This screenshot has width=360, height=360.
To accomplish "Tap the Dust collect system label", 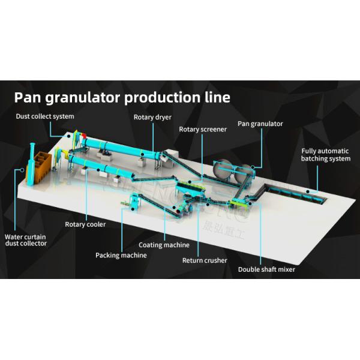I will pyautogui.click(x=45, y=116).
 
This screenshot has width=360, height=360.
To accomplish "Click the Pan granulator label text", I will pyautogui.click(x=260, y=124).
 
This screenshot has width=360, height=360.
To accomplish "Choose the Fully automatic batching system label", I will pyautogui.click(x=325, y=155).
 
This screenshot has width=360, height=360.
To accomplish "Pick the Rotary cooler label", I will pyautogui.click(x=85, y=224).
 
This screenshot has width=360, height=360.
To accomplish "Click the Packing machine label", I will pyautogui.click(x=121, y=255).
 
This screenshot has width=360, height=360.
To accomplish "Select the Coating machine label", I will pyautogui.click(x=164, y=245).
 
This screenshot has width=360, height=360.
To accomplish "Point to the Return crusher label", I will pyautogui.click(x=205, y=260).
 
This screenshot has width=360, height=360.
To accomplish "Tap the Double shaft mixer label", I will pyautogui.click(x=266, y=269).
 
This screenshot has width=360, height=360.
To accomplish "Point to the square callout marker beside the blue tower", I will pyautogui.click(x=22, y=170).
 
